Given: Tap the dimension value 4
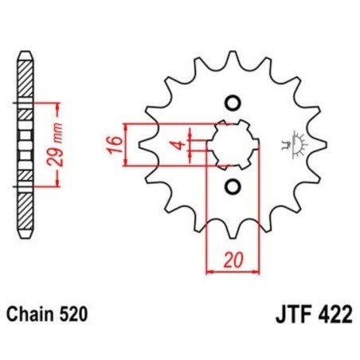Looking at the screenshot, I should coord(181,146).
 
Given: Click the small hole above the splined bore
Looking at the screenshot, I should coord(233,102).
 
